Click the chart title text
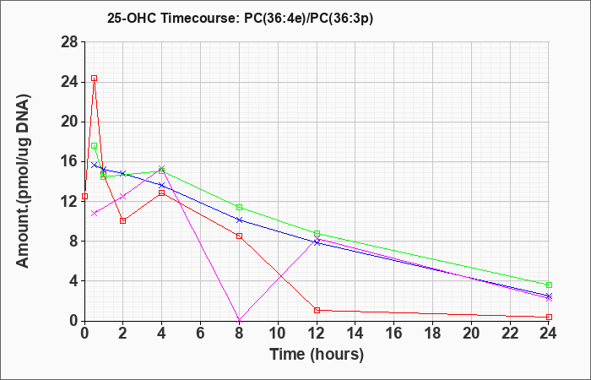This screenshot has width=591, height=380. [240, 18]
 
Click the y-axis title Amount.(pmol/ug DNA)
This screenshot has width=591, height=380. [24, 182]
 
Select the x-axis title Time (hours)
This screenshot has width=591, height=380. [317, 355]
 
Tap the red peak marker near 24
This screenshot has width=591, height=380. [95, 79]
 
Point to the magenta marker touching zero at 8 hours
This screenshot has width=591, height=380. [239, 320]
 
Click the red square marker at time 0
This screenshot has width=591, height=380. [84, 197]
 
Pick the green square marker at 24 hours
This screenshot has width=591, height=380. [549, 285]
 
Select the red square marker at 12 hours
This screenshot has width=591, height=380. [317, 310]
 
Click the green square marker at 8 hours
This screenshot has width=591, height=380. [239, 208]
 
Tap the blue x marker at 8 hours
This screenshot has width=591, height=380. [239, 220]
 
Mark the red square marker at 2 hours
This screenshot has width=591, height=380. [123, 221]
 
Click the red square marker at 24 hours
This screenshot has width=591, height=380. [549, 317]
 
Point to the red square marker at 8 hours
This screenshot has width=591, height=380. [239, 236]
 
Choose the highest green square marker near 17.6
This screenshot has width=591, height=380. [95, 146]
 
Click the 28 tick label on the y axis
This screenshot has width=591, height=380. [69, 42]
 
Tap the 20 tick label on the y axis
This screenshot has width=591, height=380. [69, 122]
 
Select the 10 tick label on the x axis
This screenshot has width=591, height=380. [278, 334]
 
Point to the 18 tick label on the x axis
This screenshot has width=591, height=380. [432, 334]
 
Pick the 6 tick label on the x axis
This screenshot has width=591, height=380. [201, 334]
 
